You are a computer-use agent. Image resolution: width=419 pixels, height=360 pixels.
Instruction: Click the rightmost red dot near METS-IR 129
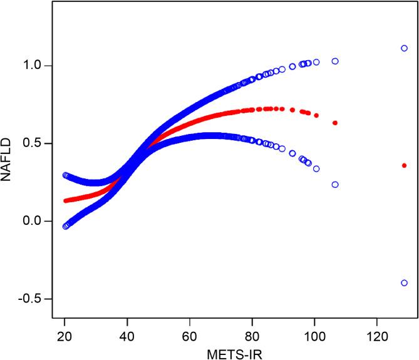[x=404, y=165]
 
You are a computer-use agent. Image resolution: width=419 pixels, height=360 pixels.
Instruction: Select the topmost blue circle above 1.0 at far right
[x=404, y=48]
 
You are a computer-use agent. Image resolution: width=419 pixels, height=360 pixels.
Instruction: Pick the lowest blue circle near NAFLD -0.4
[x=404, y=283]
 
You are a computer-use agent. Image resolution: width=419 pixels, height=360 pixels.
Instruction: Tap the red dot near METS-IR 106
[x=335, y=123]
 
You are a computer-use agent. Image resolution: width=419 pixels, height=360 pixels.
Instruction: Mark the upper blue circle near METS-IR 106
[x=335, y=61]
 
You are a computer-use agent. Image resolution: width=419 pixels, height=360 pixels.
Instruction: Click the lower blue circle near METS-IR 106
[x=335, y=185]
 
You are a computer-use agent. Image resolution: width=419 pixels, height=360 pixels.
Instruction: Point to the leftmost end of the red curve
[x=66, y=201]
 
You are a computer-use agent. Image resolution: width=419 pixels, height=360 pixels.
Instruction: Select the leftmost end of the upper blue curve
[x=65, y=175]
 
